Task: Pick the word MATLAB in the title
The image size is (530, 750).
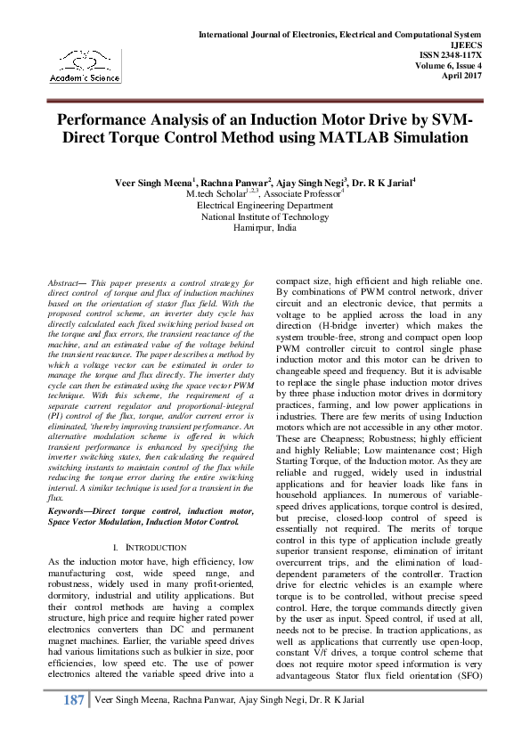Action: [x=378, y=138]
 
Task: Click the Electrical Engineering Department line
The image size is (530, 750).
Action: [x=265, y=205]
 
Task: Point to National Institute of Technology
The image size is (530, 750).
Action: [x=265, y=216]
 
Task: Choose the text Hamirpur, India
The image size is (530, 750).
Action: [x=265, y=228]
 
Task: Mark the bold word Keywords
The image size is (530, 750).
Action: [x=69, y=509]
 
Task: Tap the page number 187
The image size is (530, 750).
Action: [x=74, y=726]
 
